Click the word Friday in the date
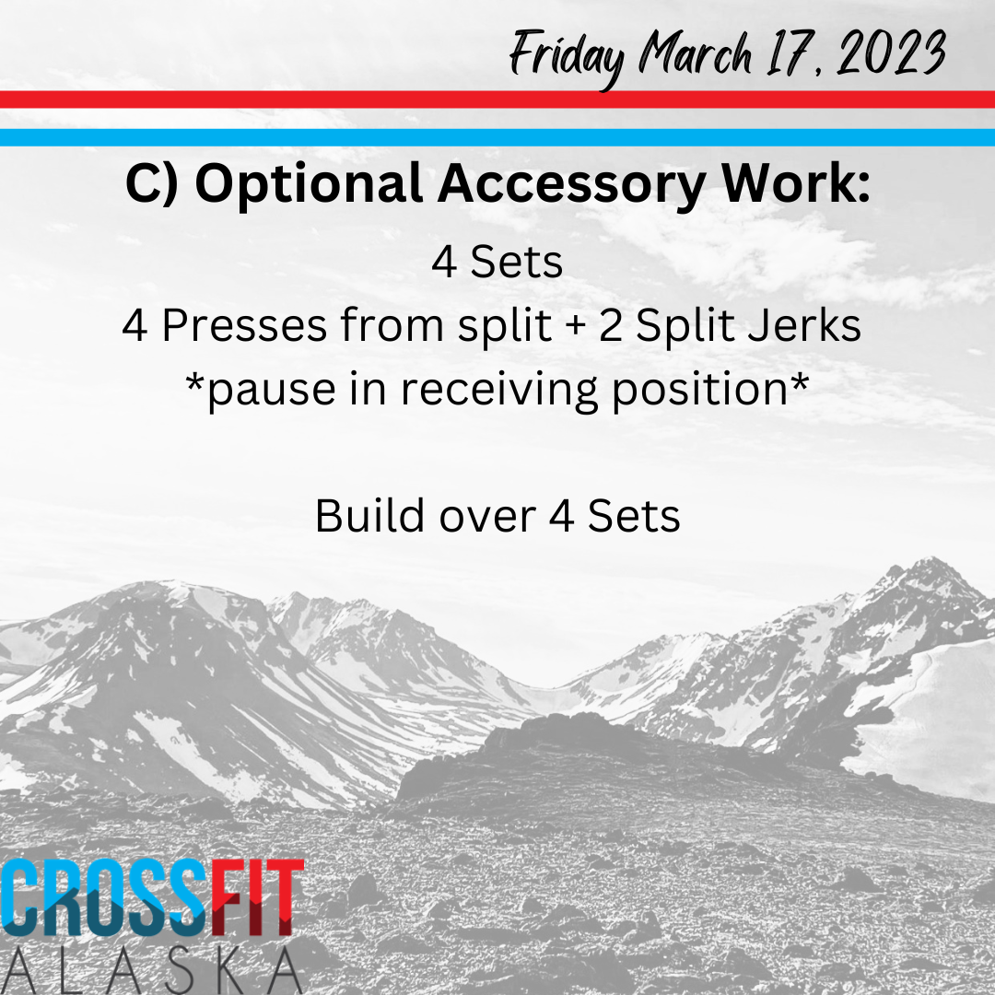[x=567, y=57]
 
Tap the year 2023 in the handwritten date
[x=891, y=53]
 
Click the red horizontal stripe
[x=497, y=99]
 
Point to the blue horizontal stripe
[x=497, y=137]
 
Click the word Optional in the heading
[x=309, y=184]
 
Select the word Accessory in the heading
[x=571, y=184]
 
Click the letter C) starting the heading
[x=152, y=184]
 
